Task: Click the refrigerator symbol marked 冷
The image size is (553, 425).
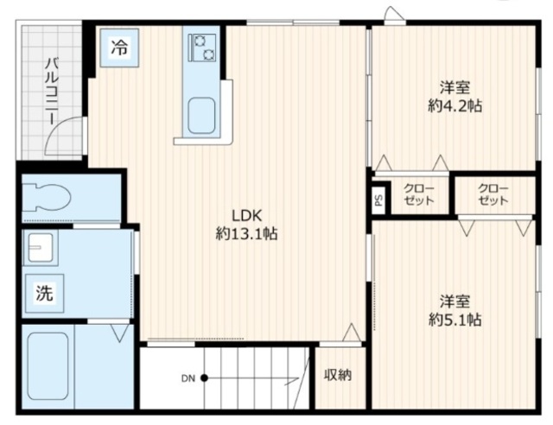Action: tap(119, 48)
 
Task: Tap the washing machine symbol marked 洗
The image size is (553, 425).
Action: tap(44, 293)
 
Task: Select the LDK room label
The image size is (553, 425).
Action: tap(246, 215)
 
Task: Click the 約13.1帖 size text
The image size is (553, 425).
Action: tap(246, 233)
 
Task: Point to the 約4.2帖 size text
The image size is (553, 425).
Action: tap(455, 105)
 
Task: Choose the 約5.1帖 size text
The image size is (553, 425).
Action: tap(455, 320)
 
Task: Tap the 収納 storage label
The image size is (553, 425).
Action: tap(338, 375)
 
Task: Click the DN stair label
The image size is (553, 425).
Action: tap(188, 378)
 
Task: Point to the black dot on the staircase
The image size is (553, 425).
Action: tap(204, 378)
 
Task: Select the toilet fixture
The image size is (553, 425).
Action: tap(47, 198)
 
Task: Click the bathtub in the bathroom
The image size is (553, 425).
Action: tap(48, 366)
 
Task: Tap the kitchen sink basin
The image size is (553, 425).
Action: tap(201, 116)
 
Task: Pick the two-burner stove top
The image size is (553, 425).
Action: tap(202, 48)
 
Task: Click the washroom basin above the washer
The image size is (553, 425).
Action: tap(41, 248)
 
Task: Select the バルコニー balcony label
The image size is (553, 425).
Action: tap(52, 92)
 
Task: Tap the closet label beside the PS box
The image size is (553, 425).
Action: tap(418, 194)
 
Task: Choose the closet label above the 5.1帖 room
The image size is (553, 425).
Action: tap(493, 194)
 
